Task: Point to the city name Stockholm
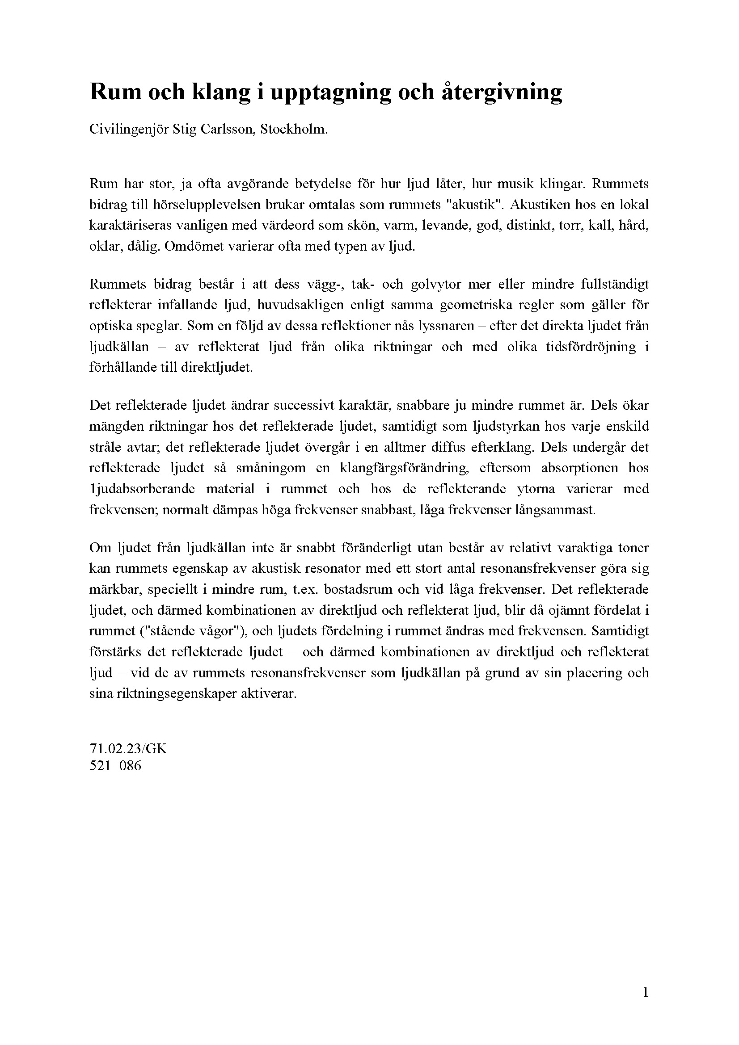coord(294,130)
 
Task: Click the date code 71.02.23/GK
coord(128,749)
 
